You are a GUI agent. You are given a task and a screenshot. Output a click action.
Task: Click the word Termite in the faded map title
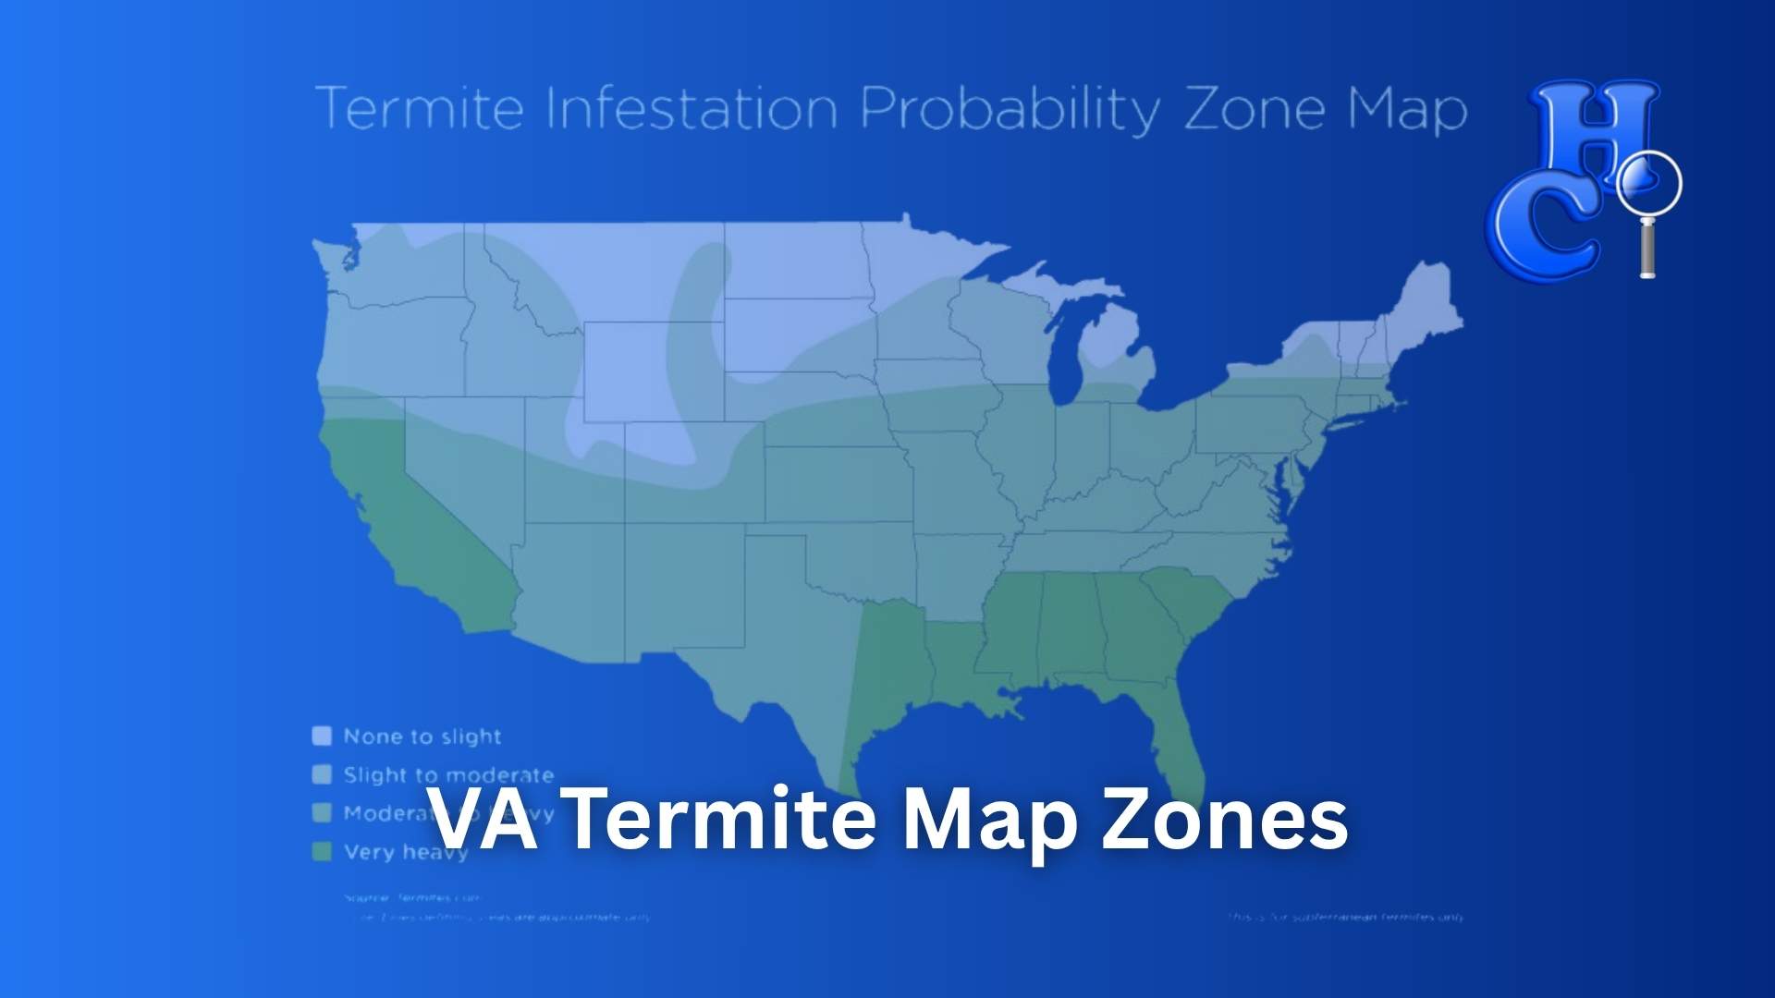[421, 109]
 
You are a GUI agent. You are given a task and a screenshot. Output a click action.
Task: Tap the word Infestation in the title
[692, 109]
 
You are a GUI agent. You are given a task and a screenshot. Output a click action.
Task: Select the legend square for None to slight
[322, 736]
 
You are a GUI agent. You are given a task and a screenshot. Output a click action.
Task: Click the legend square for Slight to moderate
[322, 774]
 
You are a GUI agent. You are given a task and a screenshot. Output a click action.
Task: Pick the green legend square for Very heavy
[322, 852]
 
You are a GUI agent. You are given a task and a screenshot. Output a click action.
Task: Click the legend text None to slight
[422, 736]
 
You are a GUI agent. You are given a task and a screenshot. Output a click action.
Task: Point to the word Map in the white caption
[987, 822]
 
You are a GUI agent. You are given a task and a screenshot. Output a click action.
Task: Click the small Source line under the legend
[412, 897]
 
